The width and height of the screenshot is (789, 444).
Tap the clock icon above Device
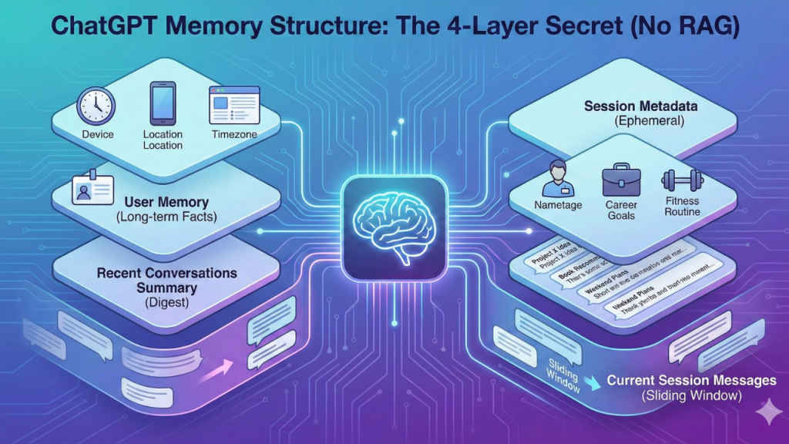coord(97,106)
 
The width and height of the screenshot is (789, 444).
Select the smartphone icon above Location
coord(163,104)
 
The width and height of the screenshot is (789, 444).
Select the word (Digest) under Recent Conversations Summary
coord(167,304)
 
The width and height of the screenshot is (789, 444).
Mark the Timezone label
coord(234,135)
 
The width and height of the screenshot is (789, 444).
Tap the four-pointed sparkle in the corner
coord(766,414)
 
